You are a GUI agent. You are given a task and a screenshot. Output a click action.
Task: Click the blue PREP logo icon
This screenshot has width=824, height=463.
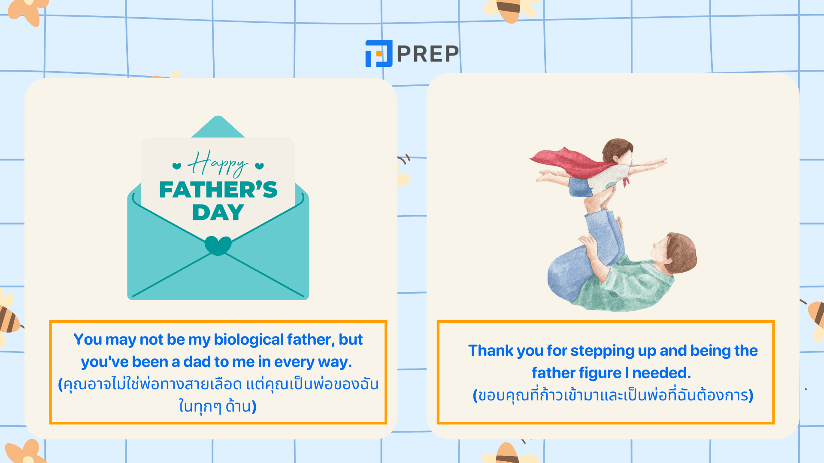(x=379, y=54)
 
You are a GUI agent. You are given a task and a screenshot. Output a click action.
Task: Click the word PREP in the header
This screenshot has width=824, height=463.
(x=428, y=54)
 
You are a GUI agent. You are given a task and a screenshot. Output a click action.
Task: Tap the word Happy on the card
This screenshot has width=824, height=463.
(x=218, y=164)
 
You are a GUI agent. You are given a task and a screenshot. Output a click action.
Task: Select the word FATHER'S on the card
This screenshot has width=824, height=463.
(x=218, y=190)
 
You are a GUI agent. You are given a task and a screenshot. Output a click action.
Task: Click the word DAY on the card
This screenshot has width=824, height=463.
(x=218, y=212)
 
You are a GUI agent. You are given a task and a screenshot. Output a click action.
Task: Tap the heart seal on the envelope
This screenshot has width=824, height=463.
(x=218, y=245)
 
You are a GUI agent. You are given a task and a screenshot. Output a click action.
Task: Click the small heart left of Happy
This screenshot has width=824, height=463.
(x=177, y=166)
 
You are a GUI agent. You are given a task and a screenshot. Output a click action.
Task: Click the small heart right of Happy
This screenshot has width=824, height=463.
(x=259, y=166)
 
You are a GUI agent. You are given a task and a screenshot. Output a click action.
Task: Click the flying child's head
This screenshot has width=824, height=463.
(x=618, y=151)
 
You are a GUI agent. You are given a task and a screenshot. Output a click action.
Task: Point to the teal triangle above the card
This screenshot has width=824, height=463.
(x=218, y=126)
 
